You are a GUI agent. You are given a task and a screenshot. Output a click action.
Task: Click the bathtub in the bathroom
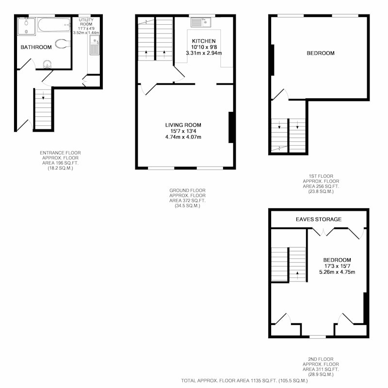click(54, 25)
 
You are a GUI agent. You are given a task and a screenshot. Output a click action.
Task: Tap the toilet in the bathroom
click(63, 44)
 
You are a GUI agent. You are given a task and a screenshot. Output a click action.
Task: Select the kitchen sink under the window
click(201, 22)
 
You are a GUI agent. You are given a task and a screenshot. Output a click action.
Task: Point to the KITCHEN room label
click(204, 41)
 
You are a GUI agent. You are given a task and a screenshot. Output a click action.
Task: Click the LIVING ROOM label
click(183, 125)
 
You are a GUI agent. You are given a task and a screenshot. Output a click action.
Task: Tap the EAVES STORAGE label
click(319, 219)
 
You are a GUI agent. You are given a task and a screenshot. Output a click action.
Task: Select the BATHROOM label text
click(36, 47)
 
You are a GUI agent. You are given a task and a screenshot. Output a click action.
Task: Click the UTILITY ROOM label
click(86, 22)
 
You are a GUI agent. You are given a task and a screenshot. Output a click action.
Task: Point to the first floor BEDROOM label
click(321, 53)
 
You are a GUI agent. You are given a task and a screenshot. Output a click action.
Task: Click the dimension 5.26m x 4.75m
click(337, 272)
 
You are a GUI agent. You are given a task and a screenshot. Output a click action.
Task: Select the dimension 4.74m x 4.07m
click(183, 137)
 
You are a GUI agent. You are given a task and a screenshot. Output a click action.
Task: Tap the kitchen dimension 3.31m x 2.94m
click(204, 53)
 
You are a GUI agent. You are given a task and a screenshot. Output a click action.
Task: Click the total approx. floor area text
click(244, 381)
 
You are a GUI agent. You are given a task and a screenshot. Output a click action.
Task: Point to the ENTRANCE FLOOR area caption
click(60, 160)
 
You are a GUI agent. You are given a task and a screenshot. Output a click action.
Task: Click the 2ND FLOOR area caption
click(321, 367)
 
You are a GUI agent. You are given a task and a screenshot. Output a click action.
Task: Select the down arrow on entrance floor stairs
click(43, 95)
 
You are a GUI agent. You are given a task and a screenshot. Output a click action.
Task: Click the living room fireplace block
click(231, 127)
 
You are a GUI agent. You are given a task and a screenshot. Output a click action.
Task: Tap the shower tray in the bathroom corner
click(27, 26)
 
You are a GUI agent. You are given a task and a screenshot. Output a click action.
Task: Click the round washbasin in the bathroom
click(47, 64)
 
